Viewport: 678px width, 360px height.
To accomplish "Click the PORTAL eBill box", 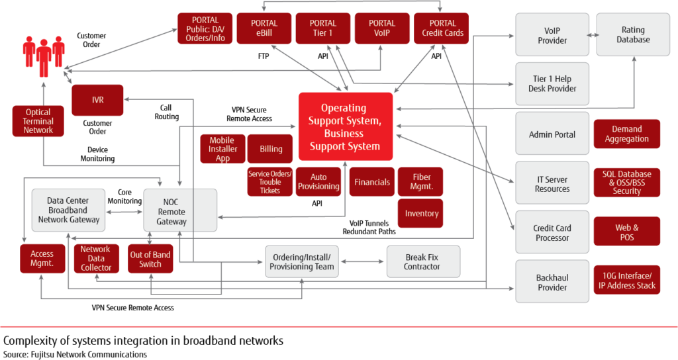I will pos(264,28).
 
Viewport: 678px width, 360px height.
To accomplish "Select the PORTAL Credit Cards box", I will pos(442,28).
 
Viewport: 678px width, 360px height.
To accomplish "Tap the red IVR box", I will pos(97,101).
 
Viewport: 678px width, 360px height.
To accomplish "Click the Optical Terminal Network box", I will pos(38,121).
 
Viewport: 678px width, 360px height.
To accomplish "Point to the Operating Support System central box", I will pos(345,126).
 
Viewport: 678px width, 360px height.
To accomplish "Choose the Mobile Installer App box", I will pos(222,150).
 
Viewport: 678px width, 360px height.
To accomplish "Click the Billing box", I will pos(271,150).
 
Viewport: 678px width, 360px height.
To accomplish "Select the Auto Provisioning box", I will pos(318,182).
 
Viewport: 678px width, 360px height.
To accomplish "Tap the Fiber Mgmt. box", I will pos(421,182).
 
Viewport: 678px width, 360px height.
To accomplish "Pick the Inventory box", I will pos(421,214).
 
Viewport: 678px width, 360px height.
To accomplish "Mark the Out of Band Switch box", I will pos(150,259).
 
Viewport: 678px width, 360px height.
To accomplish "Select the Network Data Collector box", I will pos(96,259).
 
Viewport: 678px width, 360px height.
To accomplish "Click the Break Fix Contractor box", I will pos(422,261).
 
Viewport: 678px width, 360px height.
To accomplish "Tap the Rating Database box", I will pos(633,34).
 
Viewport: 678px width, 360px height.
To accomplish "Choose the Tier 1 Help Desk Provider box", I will pos(552,84).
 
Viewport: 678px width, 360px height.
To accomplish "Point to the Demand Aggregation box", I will pos(626,134).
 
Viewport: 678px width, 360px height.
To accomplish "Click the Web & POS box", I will pos(626,232).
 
